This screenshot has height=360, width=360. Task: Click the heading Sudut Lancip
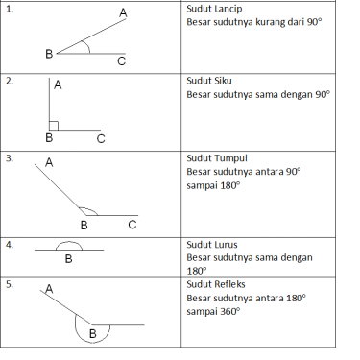tap(214, 9)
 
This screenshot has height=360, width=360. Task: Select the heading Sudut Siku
tap(209, 81)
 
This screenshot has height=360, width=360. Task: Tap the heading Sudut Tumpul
tap(217, 158)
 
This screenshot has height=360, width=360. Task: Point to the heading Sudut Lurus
tap(212, 245)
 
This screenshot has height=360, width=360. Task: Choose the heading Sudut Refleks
tap(216, 284)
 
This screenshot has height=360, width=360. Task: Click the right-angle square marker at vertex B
tap(54, 126)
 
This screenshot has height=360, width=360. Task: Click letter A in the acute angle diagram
tap(123, 12)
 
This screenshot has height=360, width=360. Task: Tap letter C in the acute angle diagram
tap(121, 60)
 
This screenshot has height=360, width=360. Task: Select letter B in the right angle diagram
tap(49, 138)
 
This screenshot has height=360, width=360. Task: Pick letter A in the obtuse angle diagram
tap(49, 162)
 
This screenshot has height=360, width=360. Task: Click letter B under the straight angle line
tap(68, 258)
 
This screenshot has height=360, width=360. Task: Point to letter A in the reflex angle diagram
tap(49, 289)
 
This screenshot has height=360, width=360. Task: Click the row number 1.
tap(10, 9)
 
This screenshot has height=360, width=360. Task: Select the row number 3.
tap(10, 158)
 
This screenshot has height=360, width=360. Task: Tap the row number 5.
tap(10, 284)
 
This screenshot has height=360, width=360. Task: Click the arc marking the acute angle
tap(87, 46)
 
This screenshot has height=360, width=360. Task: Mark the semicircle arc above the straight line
tap(69, 242)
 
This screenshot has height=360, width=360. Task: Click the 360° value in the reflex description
tap(230, 311)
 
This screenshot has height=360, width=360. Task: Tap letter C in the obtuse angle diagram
tap(132, 225)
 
